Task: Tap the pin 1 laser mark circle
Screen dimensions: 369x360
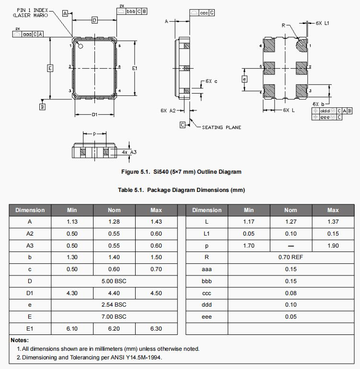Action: pos(81,47)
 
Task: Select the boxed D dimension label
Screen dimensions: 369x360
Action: pos(94,20)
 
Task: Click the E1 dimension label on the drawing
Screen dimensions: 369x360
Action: pos(135,69)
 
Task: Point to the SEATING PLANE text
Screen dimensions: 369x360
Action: pos(221,127)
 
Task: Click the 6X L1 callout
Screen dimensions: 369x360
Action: pos(323,23)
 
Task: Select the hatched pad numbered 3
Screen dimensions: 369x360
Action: pos(301,90)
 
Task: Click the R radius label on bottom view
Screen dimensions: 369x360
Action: pos(284,25)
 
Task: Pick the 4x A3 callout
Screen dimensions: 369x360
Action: pos(129,152)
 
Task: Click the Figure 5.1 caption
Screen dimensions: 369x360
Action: pos(181,172)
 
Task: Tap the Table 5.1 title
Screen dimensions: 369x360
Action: pos(181,190)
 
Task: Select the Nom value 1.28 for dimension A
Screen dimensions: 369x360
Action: pos(114,222)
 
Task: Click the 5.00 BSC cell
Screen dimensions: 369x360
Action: pos(114,281)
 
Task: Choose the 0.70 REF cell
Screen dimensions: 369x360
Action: pos(290,257)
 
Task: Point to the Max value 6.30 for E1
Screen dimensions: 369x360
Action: pos(156,328)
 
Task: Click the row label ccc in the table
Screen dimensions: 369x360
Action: pos(207,293)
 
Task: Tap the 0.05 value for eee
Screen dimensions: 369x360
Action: pos(290,317)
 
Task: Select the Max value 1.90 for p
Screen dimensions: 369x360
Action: pos(333,245)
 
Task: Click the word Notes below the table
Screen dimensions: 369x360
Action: pos(20,340)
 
